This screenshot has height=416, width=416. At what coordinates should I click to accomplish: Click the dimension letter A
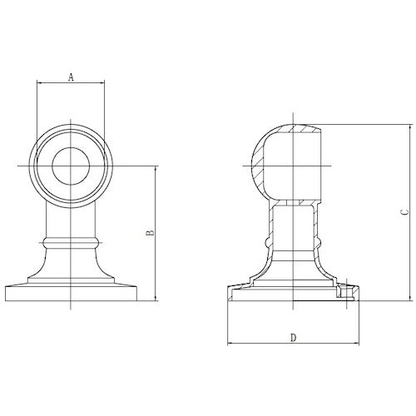pyautogui.click(x=72, y=77)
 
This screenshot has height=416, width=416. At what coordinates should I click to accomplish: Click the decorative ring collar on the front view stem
pyautogui.click(x=72, y=242)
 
